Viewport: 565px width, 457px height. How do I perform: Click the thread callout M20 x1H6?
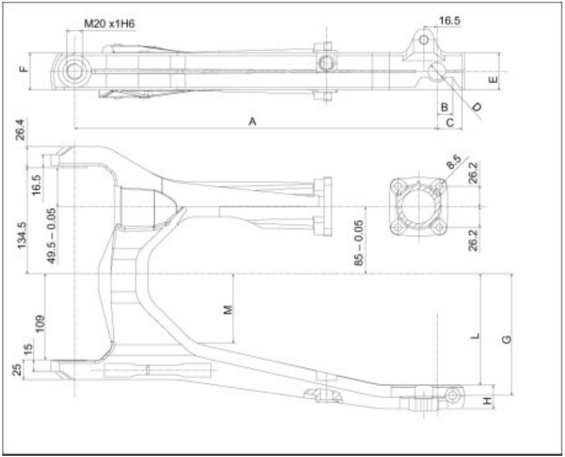click(x=109, y=23)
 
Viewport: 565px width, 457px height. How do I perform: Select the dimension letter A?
click(x=252, y=121)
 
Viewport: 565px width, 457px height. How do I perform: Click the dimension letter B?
click(x=445, y=107)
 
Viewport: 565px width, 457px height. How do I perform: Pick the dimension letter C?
click(x=450, y=122)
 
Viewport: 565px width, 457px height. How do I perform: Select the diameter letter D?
click(x=477, y=106)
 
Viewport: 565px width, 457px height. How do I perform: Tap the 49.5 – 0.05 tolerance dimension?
click(x=51, y=236)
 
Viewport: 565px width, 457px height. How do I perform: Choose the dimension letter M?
click(x=228, y=309)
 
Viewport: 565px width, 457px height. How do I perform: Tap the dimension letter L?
click(x=475, y=336)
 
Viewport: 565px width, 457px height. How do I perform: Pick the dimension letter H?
click(x=487, y=401)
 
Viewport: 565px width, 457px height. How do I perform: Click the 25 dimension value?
click(x=16, y=369)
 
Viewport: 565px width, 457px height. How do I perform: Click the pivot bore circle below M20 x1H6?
click(x=74, y=71)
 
